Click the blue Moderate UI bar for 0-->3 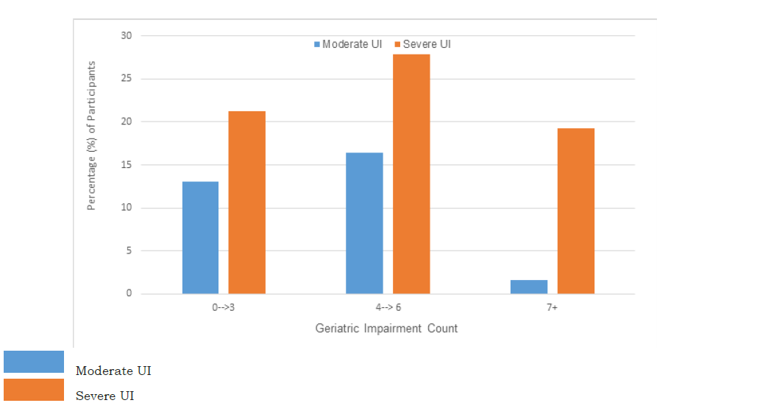click(200, 237)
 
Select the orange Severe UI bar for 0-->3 click(246, 203)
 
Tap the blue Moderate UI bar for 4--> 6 click(364, 223)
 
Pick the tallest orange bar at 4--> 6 click(411, 174)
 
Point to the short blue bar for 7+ click(529, 287)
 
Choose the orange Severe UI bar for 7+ click(575, 211)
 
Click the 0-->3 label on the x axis click(223, 307)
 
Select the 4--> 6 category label click(387, 307)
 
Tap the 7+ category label click(552, 307)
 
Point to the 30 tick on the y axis click(127, 35)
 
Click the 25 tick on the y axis click(127, 79)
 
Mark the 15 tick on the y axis click(127, 165)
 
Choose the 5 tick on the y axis click(129, 250)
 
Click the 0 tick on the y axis click(129, 294)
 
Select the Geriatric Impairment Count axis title click(386, 329)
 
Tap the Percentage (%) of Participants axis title click(92, 136)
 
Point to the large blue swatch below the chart click(34, 362)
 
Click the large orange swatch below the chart click(34, 390)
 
